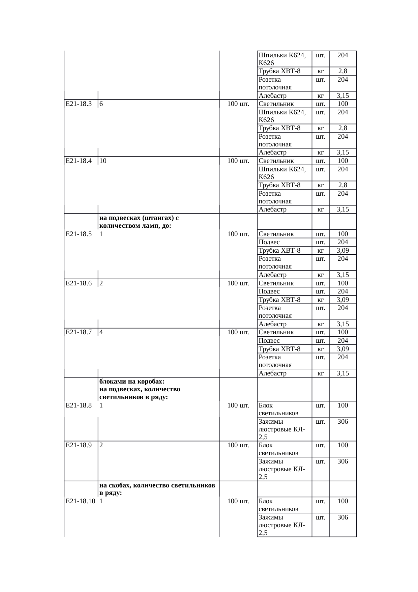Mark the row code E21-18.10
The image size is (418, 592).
pos(80,501)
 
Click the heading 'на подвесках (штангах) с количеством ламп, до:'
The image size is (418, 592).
pos(139,222)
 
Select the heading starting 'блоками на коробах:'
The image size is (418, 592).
pos(140,389)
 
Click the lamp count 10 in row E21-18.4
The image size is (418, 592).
pos(103,161)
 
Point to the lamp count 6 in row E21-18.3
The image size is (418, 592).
pos(101,104)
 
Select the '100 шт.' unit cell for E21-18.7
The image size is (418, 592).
pos(238,332)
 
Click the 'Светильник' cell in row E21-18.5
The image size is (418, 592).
pos(276,234)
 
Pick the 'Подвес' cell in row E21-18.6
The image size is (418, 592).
pos(269,291)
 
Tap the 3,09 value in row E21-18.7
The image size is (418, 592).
pos(342,349)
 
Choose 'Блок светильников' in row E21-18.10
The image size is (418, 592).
pos(278,505)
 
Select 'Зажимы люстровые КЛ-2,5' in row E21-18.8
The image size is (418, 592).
pos(282,429)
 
